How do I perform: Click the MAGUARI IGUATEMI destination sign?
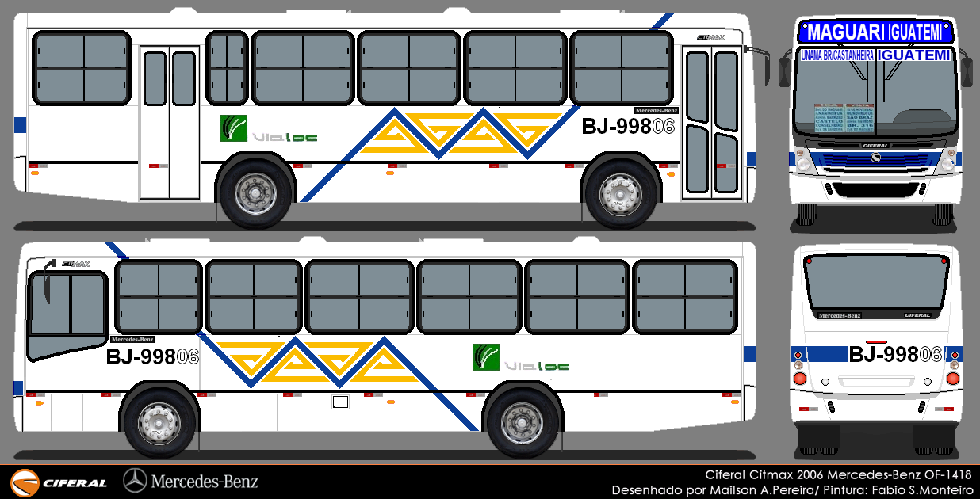tap(876, 32)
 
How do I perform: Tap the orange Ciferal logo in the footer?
tap(25, 482)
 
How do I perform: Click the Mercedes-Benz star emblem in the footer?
tap(135, 480)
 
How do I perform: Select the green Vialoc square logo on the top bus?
tap(234, 128)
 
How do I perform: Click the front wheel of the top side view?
tap(621, 193)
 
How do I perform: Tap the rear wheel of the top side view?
tap(256, 193)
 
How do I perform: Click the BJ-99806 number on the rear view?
tap(895, 354)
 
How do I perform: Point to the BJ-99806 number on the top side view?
tap(627, 127)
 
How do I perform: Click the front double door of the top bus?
tap(712, 122)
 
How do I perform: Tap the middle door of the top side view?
tap(170, 122)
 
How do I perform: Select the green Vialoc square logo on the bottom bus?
tap(485, 357)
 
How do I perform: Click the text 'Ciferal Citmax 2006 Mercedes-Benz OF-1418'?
tap(838, 474)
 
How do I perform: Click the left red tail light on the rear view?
tap(799, 379)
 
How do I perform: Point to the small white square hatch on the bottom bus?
tap(340, 402)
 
